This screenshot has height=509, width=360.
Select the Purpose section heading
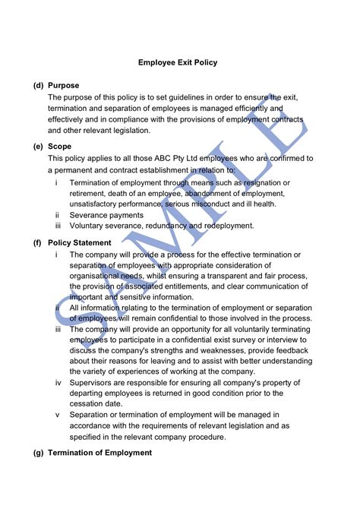point(64,85)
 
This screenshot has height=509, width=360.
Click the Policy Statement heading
point(80,242)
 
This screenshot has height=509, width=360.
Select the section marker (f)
point(37,242)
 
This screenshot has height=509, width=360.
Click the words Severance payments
point(106,215)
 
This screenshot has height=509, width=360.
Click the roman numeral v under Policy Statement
point(58,415)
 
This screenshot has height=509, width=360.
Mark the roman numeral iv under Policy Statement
point(58,382)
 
